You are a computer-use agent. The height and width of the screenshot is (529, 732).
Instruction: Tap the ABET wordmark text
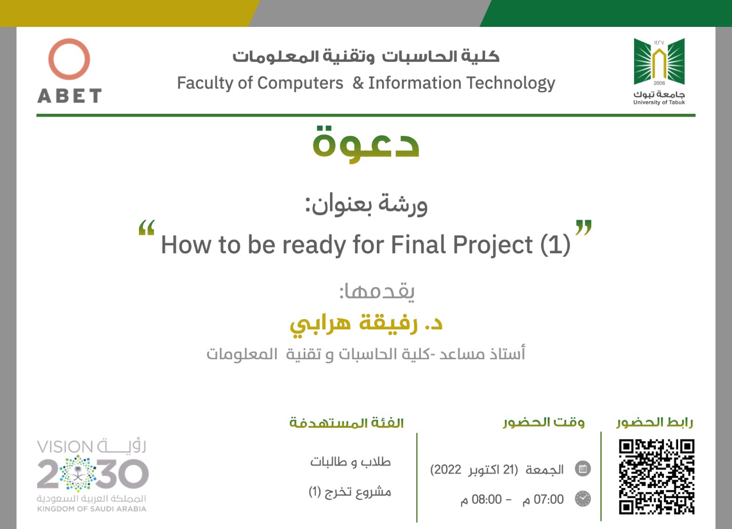[69, 96]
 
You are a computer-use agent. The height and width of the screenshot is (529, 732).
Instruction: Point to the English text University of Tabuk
[659, 102]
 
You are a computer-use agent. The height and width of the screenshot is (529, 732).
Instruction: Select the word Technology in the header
[511, 83]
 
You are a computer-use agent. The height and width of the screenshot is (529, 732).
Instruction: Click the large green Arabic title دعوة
[365, 144]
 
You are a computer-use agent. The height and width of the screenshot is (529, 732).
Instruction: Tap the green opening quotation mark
[146, 228]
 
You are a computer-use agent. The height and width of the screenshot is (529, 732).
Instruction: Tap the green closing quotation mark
[583, 228]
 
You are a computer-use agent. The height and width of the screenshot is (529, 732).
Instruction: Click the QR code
[657, 477]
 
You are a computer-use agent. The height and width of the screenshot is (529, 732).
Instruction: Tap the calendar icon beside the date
[583, 469]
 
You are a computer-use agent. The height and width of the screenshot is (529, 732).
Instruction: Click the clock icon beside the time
[583, 499]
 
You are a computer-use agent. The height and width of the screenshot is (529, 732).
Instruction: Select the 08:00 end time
[487, 499]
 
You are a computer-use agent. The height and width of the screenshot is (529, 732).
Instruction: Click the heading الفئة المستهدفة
[347, 423]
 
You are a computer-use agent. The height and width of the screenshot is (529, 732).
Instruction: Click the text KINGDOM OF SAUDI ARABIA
[92, 509]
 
